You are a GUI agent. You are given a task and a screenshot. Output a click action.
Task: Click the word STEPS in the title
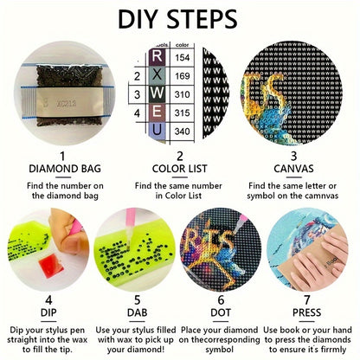(x=202, y=19)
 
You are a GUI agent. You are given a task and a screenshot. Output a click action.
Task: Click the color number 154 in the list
(x=183, y=57)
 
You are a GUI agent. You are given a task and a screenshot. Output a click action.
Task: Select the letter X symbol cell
(x=157, y=75)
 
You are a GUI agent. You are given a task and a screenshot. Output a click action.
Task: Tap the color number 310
(x=183, y=94)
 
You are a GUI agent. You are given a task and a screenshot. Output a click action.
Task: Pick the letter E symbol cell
(x=157, y=112)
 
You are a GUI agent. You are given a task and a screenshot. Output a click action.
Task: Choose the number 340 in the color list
(x=183, y=132)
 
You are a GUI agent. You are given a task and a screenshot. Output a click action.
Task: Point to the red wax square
(x=51, y=266)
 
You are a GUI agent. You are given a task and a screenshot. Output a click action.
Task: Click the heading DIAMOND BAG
(x=65, y=169)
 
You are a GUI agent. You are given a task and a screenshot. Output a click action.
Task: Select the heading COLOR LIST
(x=179, y=169)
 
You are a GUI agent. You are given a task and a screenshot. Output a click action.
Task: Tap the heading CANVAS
(x=293, y=169)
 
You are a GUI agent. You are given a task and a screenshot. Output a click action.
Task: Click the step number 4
(x=48, y=300)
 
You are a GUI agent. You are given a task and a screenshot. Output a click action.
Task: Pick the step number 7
(x=307, y=300)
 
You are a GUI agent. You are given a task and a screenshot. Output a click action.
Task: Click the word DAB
(x=138, y=312)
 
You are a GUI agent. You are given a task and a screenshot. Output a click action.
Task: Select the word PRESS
(x=306, y=312)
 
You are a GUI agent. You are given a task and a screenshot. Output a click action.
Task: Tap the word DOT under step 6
(x=221, y=312)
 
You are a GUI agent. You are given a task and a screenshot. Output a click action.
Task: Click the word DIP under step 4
(x=48, y=312)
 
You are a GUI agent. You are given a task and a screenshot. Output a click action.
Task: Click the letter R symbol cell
(x=157, y=56)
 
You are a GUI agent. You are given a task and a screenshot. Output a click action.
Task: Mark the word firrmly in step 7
(x=331, y=350)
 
